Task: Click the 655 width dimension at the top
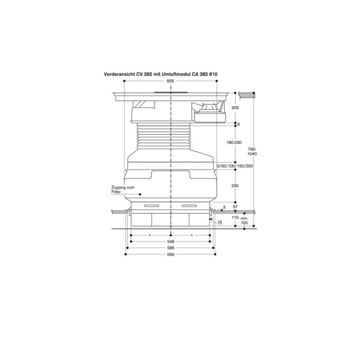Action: coord(170,81)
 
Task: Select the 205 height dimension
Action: coord(235,108)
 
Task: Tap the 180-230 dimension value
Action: coord(234,143)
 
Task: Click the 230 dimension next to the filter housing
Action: coord(235,185)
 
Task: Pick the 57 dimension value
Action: coord(235,207)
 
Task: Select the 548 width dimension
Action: coord(170,242)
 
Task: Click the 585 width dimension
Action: coord(170,248)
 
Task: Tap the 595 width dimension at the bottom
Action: coord(170,255)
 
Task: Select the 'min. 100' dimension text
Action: coord(245,221)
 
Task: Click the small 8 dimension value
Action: coord(238,124)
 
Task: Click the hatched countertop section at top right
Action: coord(246,94)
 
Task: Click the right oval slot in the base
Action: coord(189,206)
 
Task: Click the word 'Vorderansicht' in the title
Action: coord(119,73)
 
